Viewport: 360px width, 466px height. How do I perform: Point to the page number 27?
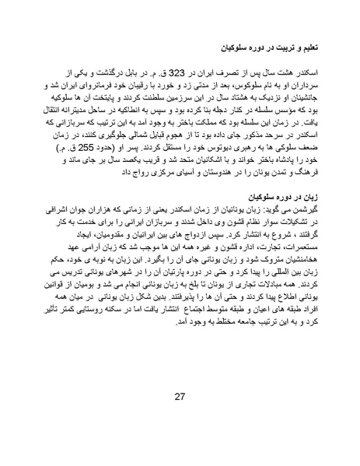180,398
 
